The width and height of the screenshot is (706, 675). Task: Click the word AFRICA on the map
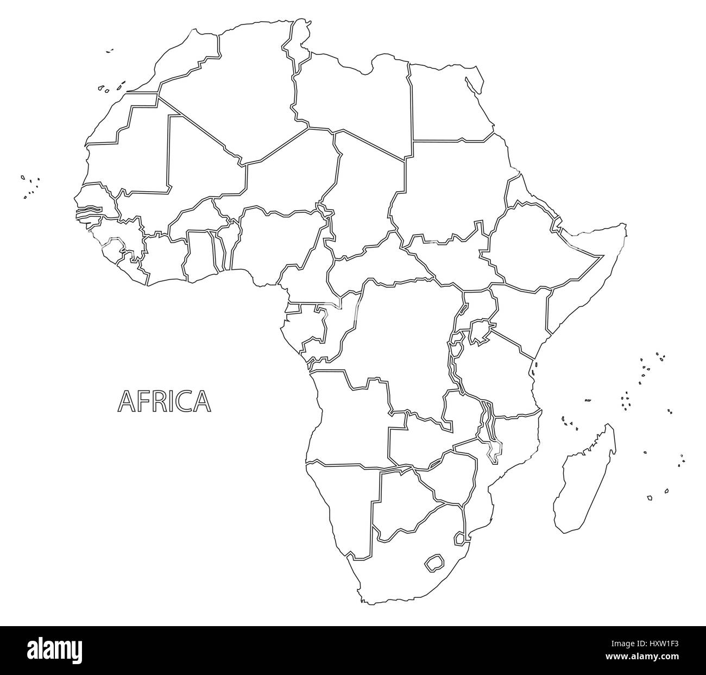point(164,401)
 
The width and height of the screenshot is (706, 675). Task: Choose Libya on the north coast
point(353,92)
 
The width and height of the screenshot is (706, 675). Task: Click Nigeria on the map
point(277,239)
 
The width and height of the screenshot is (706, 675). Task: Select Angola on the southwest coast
point(348,418)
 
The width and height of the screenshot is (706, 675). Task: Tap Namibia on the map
point(342,500)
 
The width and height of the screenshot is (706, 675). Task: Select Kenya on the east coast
point(521,315)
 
